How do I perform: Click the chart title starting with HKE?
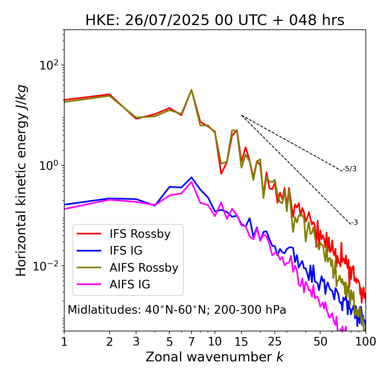(x=215, y=21)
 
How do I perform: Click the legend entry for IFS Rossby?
(x=140, y=234)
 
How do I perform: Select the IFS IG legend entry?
(x=126, y=251)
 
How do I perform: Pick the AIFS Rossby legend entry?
(x=144, y=268)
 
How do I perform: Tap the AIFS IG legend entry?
(x=130, y=285)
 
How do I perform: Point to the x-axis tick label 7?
(x=191, y=342)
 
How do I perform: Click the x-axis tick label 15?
(x=241, y=342)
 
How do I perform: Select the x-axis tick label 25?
(x=275, y=342)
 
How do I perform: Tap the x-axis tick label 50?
(x=320, y=342)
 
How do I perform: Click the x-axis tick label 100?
(x=365, y=342)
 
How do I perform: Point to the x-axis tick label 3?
(x=136, y=342)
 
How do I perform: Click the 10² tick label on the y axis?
(x=49, y=65)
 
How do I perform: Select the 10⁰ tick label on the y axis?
(x=49, y=166)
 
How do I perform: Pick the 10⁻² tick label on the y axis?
(x=47, y=266)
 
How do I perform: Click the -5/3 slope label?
(x=350, y=169)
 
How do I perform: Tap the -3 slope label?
(x=354, y=222)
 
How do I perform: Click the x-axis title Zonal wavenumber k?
(x=215, y=357)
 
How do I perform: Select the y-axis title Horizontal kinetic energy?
(x=21, y=180)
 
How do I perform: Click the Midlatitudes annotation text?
(x=177, y=310)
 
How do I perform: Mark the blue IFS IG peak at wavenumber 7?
(x=191, y=177)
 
